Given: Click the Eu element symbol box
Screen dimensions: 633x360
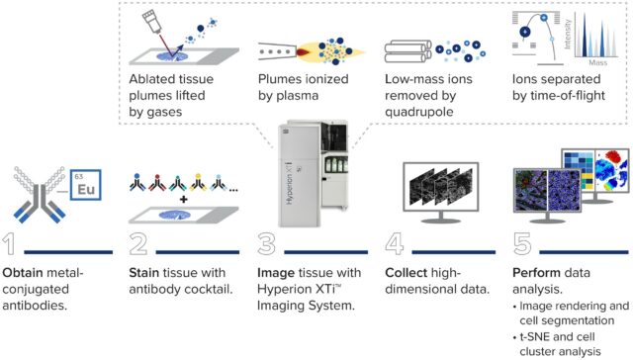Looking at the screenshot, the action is point(86,185).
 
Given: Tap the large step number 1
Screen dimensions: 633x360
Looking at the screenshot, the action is point(9,243).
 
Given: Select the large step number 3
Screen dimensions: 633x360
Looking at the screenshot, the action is point(266,243).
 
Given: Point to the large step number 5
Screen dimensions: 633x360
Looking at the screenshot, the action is point(522,243).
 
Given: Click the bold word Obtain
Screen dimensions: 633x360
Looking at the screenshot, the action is point(23,273).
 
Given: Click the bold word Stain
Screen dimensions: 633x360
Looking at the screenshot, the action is point(144,273).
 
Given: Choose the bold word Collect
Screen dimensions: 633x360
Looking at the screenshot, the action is point(406,273).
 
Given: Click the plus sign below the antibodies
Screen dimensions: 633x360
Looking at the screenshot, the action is point(184,199).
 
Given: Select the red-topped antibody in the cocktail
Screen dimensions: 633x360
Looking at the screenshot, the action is point(157,182).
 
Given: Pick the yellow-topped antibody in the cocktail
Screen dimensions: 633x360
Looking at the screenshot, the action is point(198,182).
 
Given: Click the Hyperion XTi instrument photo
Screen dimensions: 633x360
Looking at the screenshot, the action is point(313,173).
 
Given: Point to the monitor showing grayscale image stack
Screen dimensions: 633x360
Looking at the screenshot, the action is point(441,192).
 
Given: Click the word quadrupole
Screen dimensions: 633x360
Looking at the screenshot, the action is point(419,112).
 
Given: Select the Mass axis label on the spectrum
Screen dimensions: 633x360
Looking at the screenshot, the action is point(597,62).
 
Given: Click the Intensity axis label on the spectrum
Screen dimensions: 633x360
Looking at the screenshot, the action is point(567,34).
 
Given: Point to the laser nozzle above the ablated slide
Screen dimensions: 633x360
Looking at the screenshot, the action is point(151,22).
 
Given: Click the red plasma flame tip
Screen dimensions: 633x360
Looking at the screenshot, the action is point(303,51).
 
